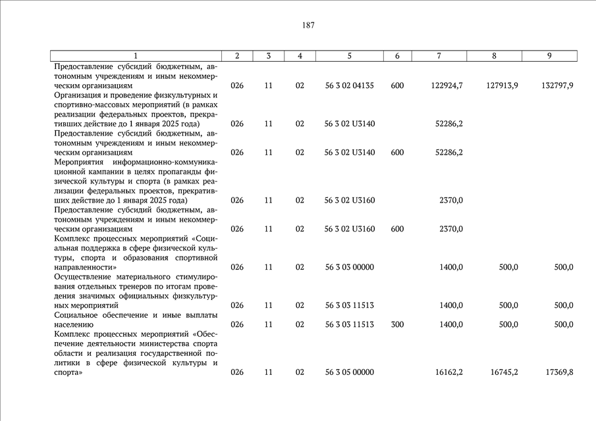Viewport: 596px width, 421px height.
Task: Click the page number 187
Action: [308, 26]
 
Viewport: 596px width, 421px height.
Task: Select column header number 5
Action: [349, 56]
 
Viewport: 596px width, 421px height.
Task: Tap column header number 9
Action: [549, 56]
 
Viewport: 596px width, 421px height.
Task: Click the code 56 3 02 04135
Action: [349, 86]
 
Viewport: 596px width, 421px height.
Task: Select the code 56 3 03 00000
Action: [349, 267]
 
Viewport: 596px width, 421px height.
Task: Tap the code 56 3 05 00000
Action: [349, 372]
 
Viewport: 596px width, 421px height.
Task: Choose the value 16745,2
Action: [504, 372]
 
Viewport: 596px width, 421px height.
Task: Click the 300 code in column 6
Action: [397, 324]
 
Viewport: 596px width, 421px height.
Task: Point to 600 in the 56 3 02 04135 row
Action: [397, 86]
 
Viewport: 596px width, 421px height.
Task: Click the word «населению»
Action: [73, 324]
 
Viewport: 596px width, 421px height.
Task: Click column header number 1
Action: [136, 56]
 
